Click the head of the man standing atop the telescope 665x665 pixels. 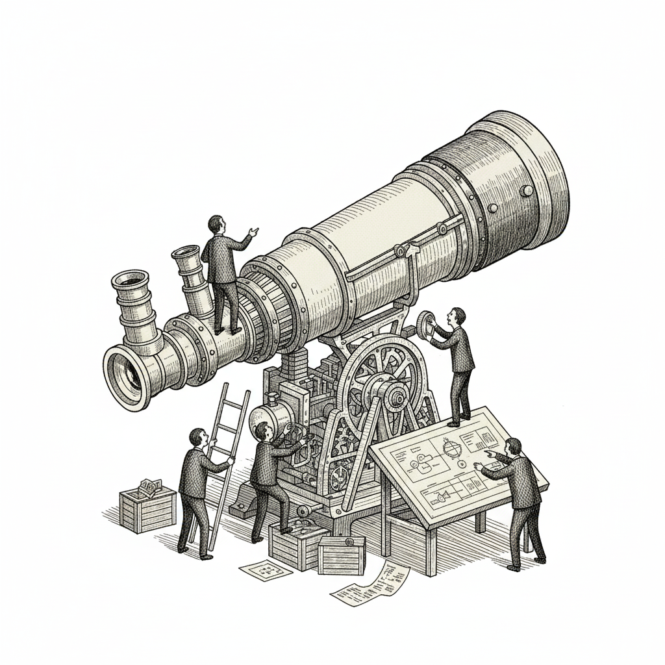[x=216, y=225]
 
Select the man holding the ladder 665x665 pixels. [x=196, y=490]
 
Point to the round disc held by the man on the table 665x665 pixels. [x=427, y=323]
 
